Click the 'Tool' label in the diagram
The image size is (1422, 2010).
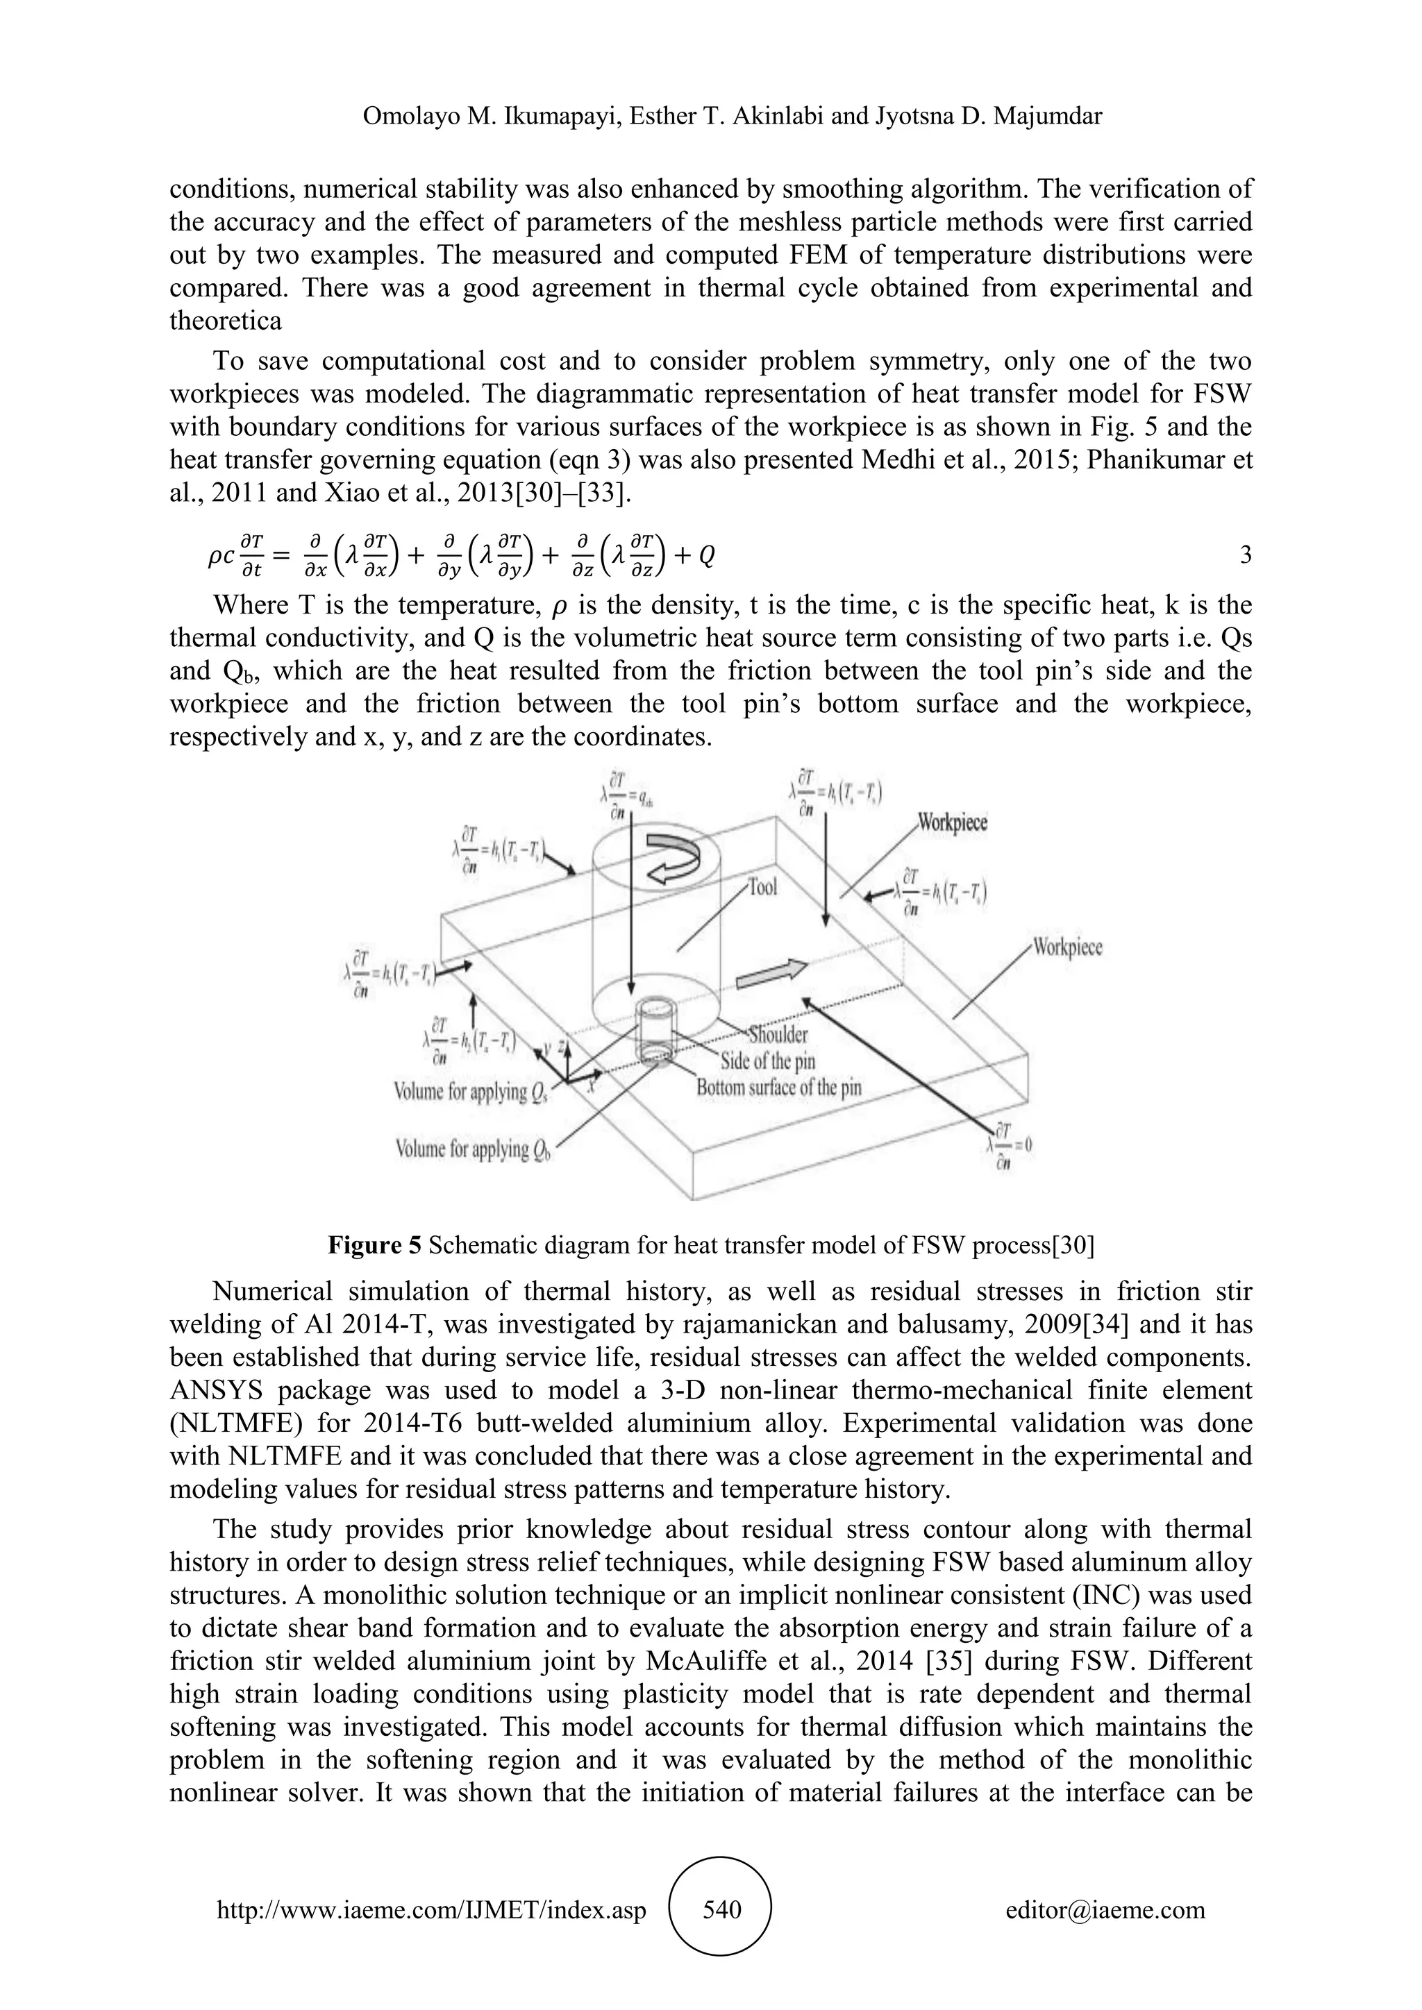tap(762, 887)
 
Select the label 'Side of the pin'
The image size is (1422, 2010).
tap(768, 1061)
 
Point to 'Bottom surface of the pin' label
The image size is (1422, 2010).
tap(778, 1088)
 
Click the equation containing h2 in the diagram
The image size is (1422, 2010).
tap(471, 1042)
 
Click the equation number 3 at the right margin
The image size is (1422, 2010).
tap(1245, 556)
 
